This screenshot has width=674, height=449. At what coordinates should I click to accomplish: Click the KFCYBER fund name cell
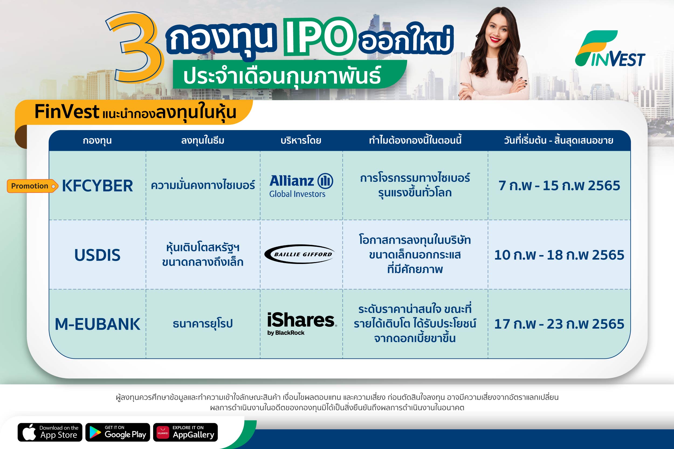click(97, 186)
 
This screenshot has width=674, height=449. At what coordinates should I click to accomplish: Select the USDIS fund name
click(97, 255)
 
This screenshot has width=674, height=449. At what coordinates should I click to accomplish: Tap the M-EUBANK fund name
click(97, 324)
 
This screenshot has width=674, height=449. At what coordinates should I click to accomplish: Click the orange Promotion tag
click(32, 186)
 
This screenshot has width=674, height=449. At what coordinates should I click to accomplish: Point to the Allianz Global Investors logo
click(301, 186)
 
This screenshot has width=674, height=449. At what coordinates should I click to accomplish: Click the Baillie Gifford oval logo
click(300, 254)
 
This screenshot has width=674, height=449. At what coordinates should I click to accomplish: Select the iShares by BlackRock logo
click(302, 324)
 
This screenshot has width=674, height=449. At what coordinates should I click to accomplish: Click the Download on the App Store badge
click(50, 432)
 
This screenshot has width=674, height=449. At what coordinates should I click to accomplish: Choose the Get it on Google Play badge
click(118, 432)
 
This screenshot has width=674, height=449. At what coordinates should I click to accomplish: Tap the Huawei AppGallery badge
click(185, 432)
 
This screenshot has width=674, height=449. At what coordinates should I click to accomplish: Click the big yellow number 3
click(135, 47)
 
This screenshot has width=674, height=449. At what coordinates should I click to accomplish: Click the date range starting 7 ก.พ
click(559, 186)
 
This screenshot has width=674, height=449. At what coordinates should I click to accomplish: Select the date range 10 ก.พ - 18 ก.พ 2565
click(559, 255)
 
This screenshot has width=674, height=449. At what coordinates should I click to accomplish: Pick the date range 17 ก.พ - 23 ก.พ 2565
click(559, 324)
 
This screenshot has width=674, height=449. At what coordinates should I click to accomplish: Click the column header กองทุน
click(97, 141)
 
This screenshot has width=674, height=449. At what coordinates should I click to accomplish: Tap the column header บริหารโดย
click(301, 140)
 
